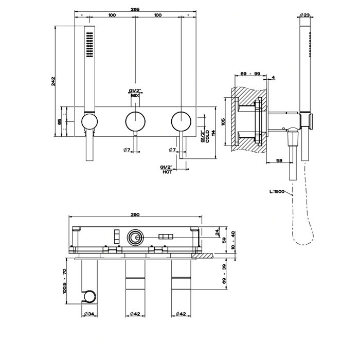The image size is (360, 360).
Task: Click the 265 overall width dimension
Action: [x=135, y=9]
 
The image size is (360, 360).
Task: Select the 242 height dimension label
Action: [x=53, y=81]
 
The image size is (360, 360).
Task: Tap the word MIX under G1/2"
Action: [x=135, y=96]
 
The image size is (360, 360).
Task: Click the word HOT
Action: [x=167, y=172]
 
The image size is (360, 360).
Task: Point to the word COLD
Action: [x=207, y=136]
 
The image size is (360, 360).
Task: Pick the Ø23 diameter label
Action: [x=304, y=15]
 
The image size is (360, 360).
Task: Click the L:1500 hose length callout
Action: [x=277, y=191]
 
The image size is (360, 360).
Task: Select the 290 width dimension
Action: [x=135, y=214]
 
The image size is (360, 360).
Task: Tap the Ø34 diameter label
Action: [x=89, y=314]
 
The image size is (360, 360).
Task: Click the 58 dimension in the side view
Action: [x=279, y=160]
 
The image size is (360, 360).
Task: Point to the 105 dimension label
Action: [x=224, y=121]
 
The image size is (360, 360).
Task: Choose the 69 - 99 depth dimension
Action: [x=250, y=74]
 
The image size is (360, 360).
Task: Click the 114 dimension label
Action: [x=213, y=133]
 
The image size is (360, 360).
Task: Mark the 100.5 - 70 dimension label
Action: [x=64, y=281]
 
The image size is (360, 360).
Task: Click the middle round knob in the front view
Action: [x=135, y=121]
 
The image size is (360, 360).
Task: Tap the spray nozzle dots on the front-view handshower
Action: [x=89, y=45]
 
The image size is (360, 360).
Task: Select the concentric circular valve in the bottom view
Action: [x=135, y=238]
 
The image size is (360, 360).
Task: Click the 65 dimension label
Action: [x=60, y=121]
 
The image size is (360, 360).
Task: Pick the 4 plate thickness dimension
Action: [x=273, y=77]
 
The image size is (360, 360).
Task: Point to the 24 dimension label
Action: [x=218, y=232]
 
